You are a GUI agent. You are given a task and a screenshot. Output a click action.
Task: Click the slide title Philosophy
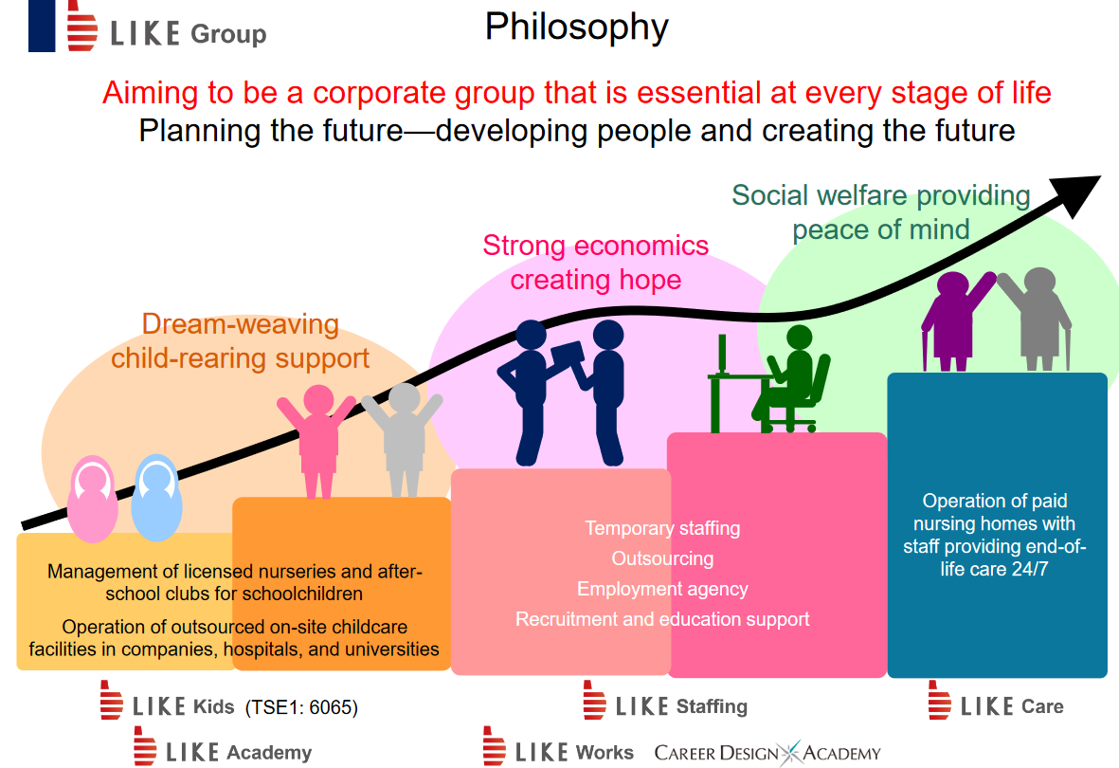577,27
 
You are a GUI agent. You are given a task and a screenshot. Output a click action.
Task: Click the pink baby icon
93,498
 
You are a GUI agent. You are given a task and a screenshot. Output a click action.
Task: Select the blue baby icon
156,497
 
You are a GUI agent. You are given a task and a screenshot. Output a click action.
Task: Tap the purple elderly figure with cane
957,320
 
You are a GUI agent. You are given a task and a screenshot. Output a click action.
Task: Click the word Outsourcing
662,558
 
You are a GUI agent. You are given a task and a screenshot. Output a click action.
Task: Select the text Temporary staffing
662,529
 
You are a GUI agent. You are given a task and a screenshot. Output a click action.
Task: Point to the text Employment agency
662,590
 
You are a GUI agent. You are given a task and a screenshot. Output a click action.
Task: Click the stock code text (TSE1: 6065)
301,707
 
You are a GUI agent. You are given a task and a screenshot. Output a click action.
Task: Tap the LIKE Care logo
996,701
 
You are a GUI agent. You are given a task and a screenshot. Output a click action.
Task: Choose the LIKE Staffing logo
665,701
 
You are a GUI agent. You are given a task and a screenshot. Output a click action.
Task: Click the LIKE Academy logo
223,746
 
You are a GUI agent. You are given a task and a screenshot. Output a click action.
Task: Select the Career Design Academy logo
767,753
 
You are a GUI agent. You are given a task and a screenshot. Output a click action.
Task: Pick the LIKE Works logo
558,746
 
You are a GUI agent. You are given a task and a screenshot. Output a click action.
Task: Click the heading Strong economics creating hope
596,263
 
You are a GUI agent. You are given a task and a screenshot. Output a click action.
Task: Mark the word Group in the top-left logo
228,34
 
